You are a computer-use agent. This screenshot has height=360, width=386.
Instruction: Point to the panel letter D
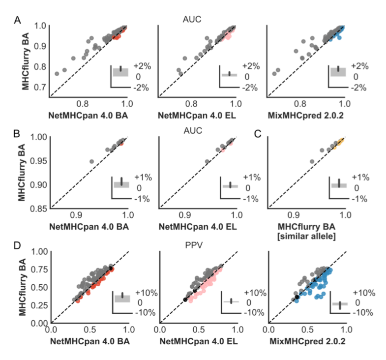coord(17,244)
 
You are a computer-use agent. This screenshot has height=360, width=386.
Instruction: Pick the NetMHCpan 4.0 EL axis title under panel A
coord(197,113)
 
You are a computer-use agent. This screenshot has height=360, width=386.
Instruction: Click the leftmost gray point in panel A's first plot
coord(57,74)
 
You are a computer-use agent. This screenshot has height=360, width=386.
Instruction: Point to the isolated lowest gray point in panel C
coord(312,161)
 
